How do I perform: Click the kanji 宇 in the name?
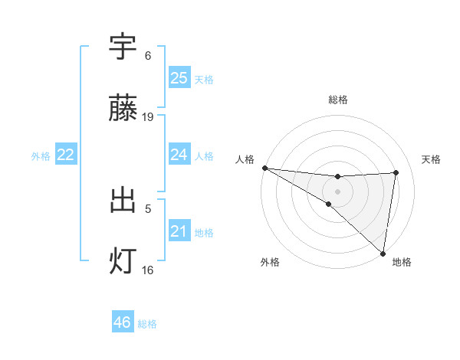[123, 47]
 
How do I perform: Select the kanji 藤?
[123, 109]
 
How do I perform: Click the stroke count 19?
[148, 117]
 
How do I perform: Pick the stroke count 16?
[148, 270]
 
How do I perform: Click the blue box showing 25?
[179, 78]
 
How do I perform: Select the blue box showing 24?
[179, 155]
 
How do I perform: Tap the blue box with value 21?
[179, 231]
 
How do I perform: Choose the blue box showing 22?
[66, 155]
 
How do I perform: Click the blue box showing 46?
[122, 322]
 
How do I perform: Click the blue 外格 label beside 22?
[41, 156]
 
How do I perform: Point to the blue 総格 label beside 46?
[147, 324]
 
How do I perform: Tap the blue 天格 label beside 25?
[204, 80]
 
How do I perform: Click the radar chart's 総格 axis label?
[337, 100]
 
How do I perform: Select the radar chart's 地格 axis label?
[402, 263]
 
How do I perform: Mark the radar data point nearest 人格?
[264, 168]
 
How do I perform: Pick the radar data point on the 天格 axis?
[396, 172]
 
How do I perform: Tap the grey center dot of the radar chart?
[337, 191]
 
